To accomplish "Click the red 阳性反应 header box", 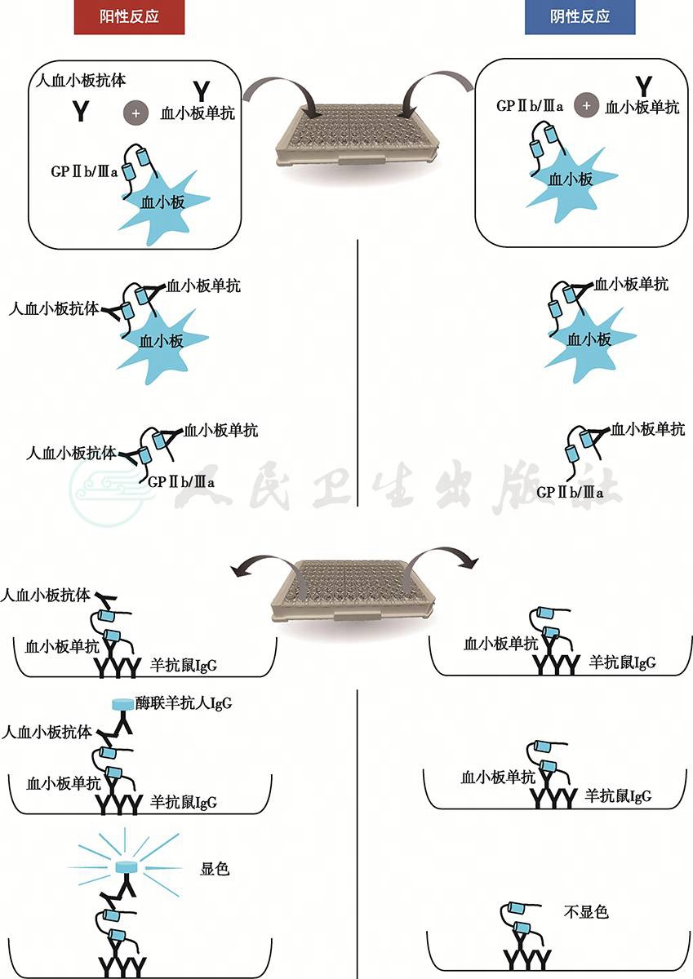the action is tap(129, 17).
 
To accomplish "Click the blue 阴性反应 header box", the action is tap(580, 17).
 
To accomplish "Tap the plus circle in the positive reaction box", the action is tap(136, 113).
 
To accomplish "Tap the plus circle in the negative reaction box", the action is tap(587, 105).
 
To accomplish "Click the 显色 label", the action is tap(215, 869).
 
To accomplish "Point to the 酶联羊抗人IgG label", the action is tap(183, 703).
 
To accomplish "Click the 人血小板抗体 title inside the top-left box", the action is tap(81, 81).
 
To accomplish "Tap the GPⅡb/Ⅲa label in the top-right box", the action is tap(530, 106).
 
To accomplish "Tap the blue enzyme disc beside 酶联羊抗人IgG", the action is tap(123, 703).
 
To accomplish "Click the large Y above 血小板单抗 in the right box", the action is tap(643, 86).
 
